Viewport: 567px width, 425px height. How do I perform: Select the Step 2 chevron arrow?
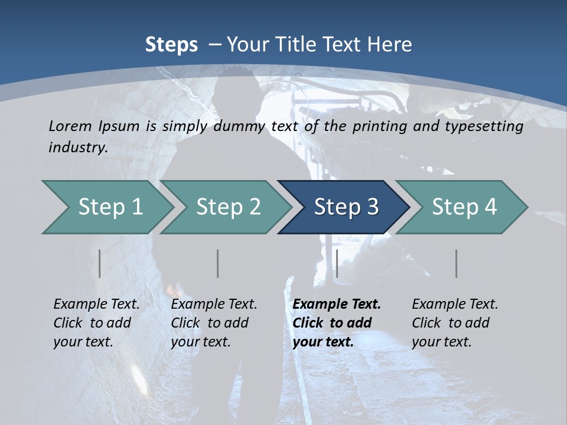(x=228, y=207)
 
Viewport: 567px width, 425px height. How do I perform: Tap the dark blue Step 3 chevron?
(x=346, y=207)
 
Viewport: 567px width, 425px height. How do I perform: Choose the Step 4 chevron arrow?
(x=464, y=207)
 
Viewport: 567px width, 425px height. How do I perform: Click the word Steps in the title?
(x=171, y=45)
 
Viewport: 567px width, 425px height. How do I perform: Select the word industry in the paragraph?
(x=78, y=148)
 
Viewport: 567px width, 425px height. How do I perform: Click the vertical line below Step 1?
(x=100, y=263)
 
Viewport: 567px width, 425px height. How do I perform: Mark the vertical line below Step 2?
(x=218, y=263)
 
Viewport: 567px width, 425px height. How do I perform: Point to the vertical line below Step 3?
(x=337, y=263)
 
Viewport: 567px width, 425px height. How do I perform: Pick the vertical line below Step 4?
(x=457, y=263)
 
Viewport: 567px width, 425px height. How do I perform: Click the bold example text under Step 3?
(x=335, y=323)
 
